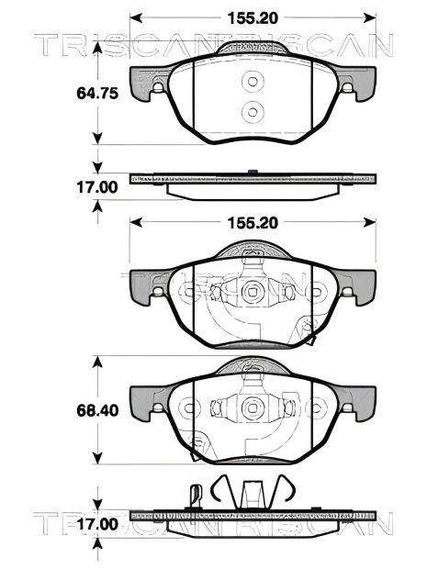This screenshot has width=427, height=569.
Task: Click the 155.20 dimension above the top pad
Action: [253, 17]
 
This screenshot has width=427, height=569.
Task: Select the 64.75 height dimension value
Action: [96, 93]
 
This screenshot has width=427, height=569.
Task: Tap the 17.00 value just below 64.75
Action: [96, 186]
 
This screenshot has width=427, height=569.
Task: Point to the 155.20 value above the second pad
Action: [253, 221]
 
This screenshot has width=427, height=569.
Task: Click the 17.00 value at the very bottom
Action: [96, 525]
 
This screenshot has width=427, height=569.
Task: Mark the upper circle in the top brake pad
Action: [253, 83]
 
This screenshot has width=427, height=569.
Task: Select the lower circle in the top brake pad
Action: [253, 112]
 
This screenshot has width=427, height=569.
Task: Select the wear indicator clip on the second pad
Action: [307, 332]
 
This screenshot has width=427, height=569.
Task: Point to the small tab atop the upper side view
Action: [252, 171]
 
